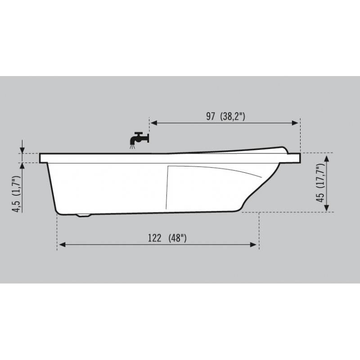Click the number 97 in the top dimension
coord(211,116)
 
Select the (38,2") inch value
coord(233,117)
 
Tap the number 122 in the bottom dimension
coord(154,238)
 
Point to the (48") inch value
coord(177,238)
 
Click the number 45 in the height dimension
coord(320,198)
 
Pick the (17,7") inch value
coord(320,175)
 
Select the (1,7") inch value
coord(17,185)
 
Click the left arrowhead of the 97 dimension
coord(154,123)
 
